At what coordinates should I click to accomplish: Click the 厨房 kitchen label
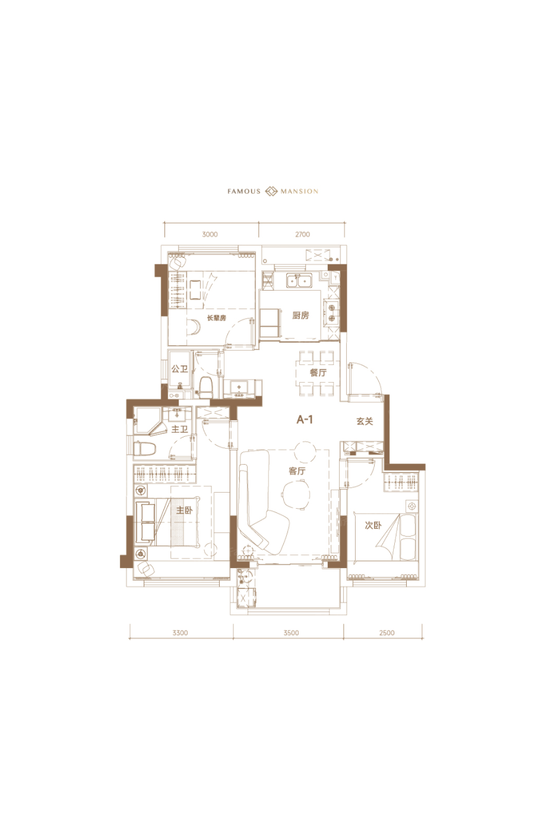(300, 316)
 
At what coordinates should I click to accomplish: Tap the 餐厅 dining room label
(318, 373)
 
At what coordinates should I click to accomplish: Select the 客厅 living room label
(297, 471)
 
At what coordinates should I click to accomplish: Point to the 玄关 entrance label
(365, 421)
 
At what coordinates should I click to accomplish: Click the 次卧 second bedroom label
(373, 525)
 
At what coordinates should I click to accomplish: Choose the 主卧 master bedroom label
(184, 510)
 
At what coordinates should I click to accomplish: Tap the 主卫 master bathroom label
(179, 429)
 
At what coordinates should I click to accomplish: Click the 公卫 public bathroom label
(179, 369)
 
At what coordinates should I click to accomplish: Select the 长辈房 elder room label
(216, 318)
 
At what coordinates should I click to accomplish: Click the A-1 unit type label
(305, 420)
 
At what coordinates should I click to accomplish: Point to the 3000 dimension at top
(210, 234)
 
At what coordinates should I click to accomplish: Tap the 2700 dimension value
(302, 234)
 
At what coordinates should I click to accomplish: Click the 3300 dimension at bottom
(180, 633)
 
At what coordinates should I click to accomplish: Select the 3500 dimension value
(291, 633)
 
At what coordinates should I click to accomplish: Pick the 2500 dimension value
(387, 633)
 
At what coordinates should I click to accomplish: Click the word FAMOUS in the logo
(244, 191)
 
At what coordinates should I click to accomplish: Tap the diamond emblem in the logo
(271, 191)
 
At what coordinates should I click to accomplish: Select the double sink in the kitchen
(299, 281)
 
